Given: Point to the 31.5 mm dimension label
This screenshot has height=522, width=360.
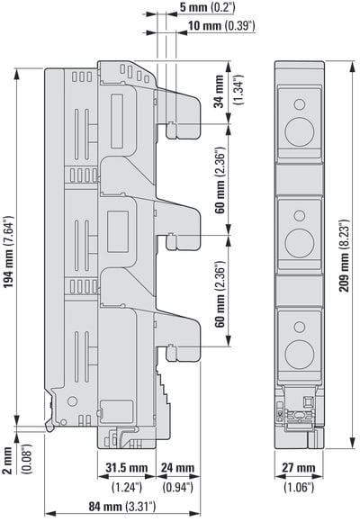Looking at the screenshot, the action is point(127,468).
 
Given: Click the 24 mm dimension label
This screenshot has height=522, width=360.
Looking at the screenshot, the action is point(177,468).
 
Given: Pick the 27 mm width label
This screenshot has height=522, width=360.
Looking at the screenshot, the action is point(299,468).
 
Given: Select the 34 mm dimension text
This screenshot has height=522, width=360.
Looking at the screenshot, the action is point(219,91).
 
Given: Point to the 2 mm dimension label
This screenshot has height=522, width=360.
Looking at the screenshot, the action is point(7,460).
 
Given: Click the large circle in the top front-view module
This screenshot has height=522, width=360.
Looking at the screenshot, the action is point(300,131).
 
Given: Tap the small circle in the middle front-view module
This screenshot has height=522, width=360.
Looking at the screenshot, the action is point(300,216).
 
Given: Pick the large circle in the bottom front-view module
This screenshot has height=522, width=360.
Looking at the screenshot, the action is point(300,355).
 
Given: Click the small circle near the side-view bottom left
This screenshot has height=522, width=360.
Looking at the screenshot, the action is point(72,400).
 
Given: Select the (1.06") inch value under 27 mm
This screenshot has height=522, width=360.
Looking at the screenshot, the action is point(299,488).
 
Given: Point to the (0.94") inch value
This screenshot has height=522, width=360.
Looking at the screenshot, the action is point(178,488).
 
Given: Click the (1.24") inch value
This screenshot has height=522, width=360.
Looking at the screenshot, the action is point(127,488).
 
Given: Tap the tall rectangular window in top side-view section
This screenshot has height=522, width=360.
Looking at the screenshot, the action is point(117,121).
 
